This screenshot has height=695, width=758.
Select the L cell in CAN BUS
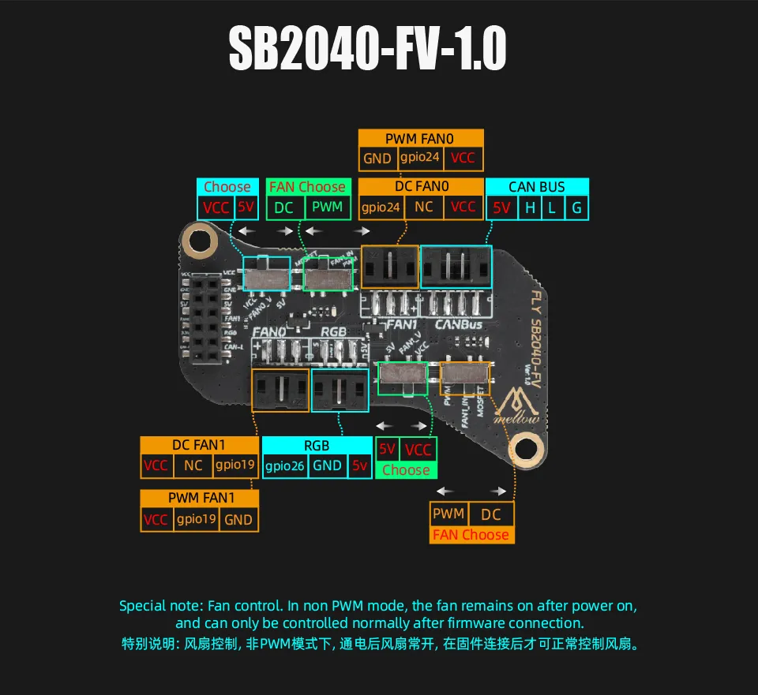coord(553,207)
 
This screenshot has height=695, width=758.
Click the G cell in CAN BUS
coord(577,207)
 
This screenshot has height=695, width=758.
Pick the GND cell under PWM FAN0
coord(377,158)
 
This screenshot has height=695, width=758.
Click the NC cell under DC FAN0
coord(424,207)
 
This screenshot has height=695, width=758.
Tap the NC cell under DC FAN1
coord(193,465)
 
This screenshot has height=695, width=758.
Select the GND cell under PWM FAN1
coord(238,519)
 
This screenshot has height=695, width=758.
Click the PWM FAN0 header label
coord(420,139)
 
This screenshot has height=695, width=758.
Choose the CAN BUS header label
coord(537,187)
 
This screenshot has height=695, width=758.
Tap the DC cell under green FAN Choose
coord(283,207)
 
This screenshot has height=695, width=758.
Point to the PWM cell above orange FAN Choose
coord(448,514)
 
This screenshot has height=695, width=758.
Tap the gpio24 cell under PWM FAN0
coord(421,158)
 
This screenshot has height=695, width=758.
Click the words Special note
coord(160,606)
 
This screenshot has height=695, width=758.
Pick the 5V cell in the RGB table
coord(359,465)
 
